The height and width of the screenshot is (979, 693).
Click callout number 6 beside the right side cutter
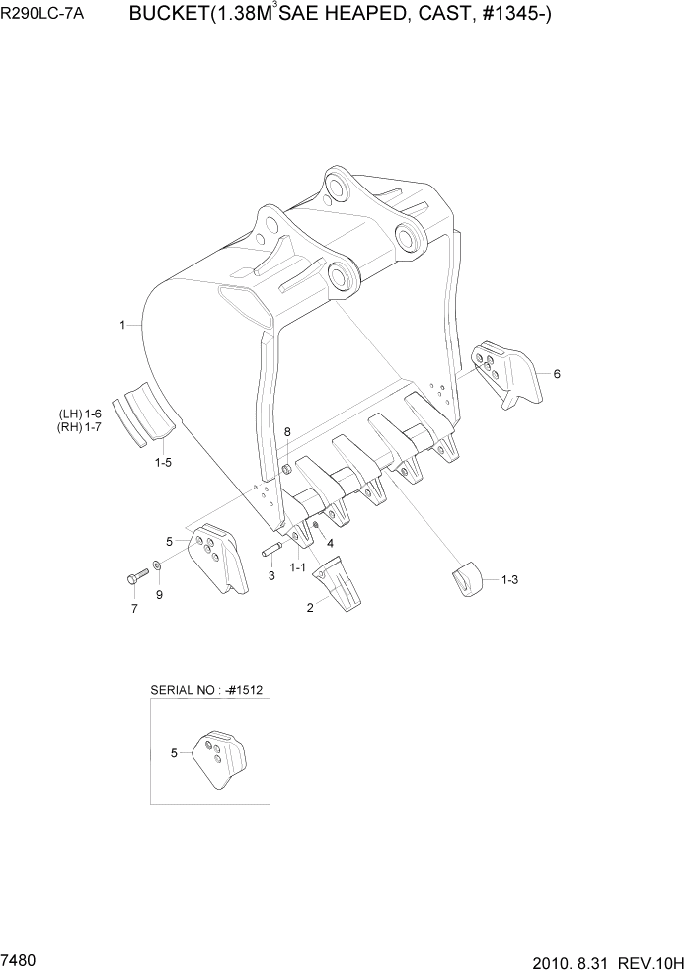tap(557, 374)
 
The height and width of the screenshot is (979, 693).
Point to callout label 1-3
tap(509, 581)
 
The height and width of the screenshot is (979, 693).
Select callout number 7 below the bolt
tap(134, 608)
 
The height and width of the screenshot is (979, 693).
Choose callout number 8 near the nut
tap(287, 432)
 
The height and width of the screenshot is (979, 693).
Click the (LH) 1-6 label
tap(80, 413)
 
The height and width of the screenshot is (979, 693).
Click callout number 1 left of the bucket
tap(122, 324)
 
